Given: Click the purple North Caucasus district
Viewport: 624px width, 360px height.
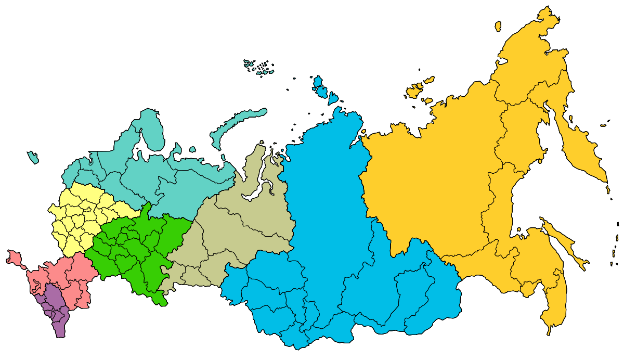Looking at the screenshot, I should coord(55,307).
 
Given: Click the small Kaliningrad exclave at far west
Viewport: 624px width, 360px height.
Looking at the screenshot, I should coord(33,157).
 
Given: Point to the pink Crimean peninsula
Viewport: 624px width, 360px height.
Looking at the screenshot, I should coord(15,258).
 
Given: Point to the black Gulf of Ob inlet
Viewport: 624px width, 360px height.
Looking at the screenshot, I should coord(266,172).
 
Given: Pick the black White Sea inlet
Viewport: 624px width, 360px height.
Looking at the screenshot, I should coord(140,151).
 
